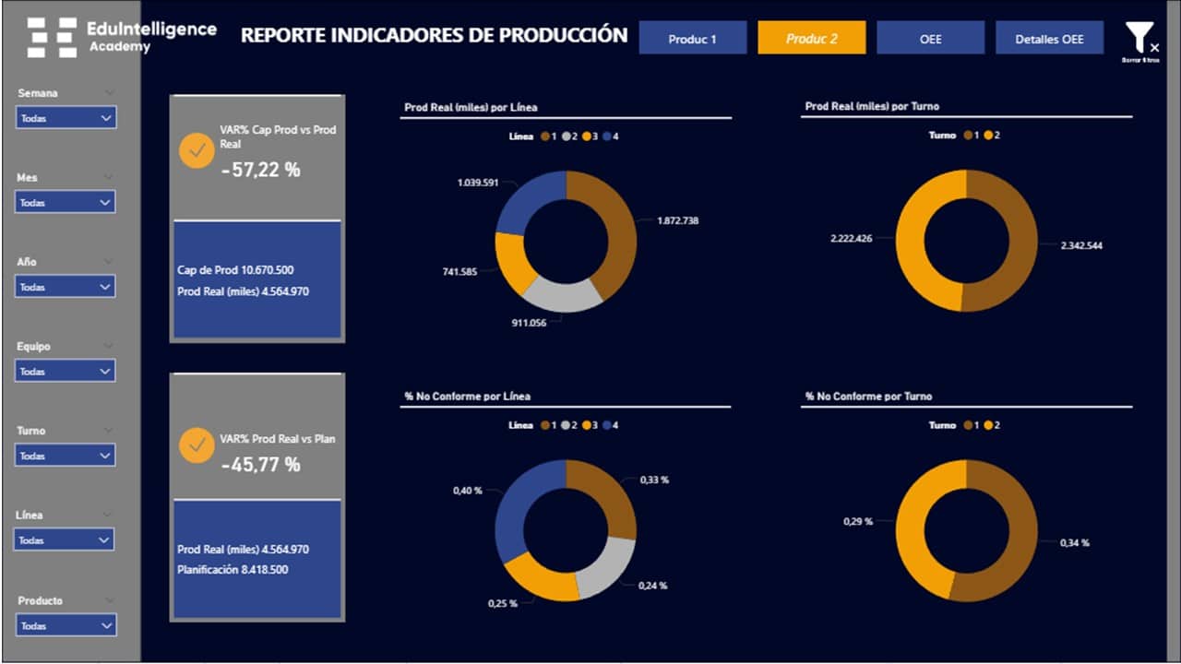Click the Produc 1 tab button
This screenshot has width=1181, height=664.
pyautogui.click(x=693, y=39)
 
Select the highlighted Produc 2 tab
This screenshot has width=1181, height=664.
pyautogui.click(x=812, y=39)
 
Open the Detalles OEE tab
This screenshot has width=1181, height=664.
pyautogui.click(x=1049, y=39)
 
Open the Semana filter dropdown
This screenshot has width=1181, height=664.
pyautogui.click(x=66, y=118)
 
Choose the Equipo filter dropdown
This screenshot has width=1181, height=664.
pyautogui.click(x=66, y=371)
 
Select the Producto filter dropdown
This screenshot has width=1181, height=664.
pyautogui.click(x=66, y=625)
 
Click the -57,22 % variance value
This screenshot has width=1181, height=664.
pyautogui.click(x=261, y=170)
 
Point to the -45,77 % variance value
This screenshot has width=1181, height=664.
pyautogui.click(x=261, y=465)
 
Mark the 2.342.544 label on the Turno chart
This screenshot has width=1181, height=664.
pyautogui.click(x=1081, y=245)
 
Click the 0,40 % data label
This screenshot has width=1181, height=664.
pyautogui.click(x=467, y=491)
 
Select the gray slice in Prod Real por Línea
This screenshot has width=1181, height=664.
pyautogui.click(x=563, y=294)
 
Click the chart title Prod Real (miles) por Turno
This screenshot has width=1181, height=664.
pyautogui.click(x=872, y=107)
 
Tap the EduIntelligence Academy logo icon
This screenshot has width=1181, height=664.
pyautogui.click(x=52, y=38)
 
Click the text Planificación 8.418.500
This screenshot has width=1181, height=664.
pyautogui.click(x=233, y=569)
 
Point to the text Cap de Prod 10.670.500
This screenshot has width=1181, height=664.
pyautogui.click(x=235, y=270)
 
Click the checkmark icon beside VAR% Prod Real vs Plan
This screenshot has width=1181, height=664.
pyautogui.click(x=196, y=445)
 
